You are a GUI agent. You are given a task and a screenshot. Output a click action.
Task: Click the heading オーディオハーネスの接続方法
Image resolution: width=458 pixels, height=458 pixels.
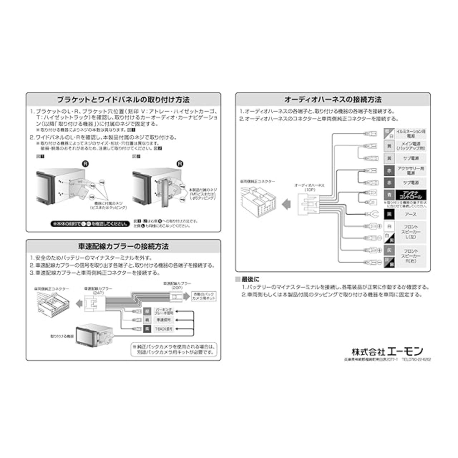(333, 99)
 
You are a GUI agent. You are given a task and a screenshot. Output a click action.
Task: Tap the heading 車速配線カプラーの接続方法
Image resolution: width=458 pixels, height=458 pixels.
(123, 246)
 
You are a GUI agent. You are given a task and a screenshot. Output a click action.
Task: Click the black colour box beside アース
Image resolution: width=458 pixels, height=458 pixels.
(389, 214)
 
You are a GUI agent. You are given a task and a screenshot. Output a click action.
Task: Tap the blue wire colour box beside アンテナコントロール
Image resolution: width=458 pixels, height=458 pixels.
(389, 195)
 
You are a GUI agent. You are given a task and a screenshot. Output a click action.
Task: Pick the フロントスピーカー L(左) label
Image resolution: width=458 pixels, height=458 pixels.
(410, 232)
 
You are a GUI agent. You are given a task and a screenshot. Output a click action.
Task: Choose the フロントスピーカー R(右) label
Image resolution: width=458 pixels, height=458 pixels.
(410, 256)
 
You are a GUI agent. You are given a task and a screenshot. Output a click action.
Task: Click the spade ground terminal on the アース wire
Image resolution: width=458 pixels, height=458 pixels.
(370, 214)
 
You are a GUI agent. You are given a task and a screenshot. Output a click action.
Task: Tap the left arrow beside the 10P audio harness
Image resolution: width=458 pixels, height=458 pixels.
(286, 205)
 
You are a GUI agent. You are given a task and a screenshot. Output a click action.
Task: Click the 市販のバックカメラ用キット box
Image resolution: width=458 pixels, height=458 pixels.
(204, 296)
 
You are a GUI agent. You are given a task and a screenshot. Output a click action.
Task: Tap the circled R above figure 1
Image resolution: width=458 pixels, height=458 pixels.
(86, 164)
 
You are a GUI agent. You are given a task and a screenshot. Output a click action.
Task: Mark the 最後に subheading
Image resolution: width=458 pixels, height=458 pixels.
(250, 279)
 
